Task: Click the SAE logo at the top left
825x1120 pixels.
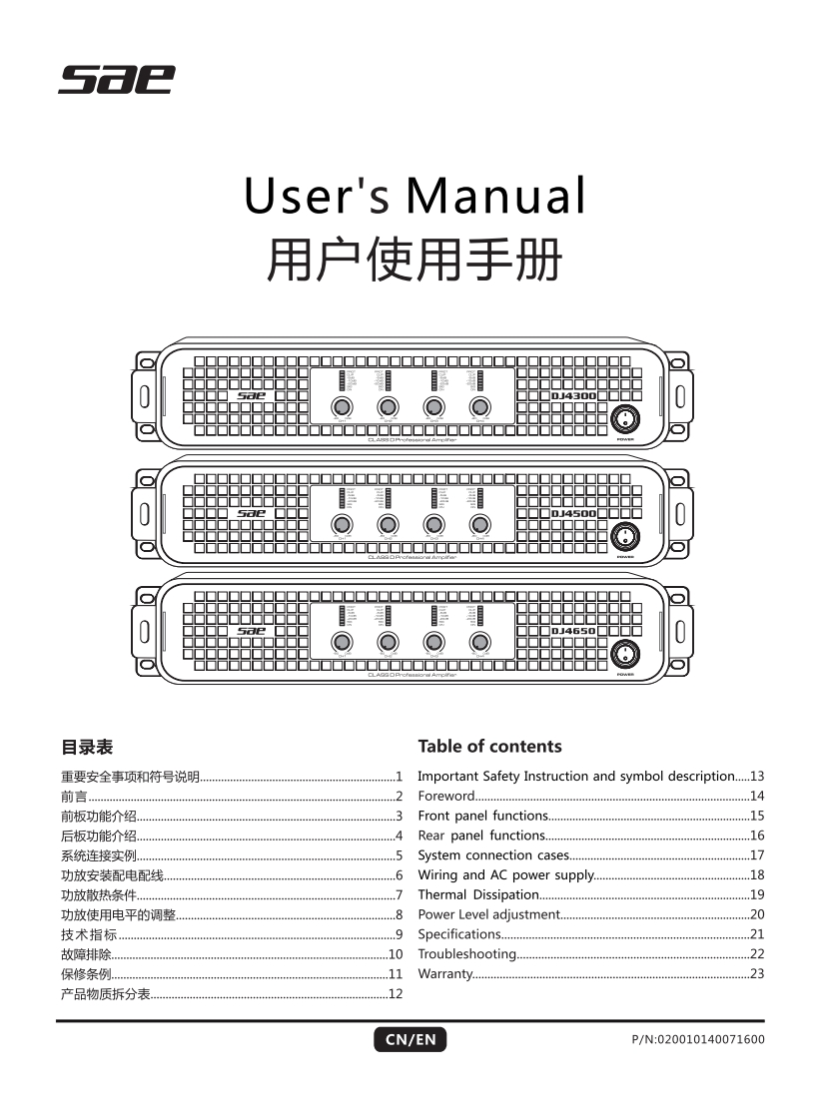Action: [116, 79]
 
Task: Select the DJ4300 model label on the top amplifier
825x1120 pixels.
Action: [574, 396]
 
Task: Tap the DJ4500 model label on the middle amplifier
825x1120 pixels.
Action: [574, 513]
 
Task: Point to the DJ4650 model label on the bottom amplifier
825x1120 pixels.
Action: [574, 631]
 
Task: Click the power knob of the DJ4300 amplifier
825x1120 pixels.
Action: [626, 418]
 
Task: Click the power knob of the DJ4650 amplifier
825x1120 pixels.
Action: [626, 654]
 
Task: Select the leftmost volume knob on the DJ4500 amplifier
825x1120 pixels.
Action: [342, 524]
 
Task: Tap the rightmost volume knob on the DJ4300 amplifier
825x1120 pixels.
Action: [480, 406]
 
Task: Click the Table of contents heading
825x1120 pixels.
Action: [489, 747]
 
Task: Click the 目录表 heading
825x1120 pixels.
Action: [87, 747]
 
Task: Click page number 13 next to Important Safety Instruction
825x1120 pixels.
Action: [756, 776]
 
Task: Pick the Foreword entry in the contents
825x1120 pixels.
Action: [446, 796]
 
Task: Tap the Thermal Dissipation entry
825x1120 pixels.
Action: [478, 894]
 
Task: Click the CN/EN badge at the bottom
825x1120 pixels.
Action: [411, 1040]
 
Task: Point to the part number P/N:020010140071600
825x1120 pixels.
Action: [698, 1040]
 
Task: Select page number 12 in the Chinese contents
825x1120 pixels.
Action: [396, 993]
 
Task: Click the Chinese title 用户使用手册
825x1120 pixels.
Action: [412, 263]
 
